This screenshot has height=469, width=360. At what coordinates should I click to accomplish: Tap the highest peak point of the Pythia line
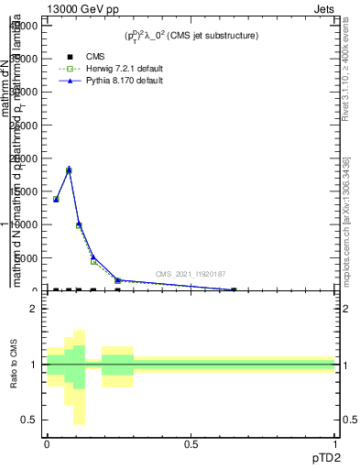point(69,169)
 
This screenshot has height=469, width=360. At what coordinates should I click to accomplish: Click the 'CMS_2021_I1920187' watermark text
point(190,274)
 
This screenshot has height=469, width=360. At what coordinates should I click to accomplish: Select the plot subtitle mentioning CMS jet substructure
point(191,36)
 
